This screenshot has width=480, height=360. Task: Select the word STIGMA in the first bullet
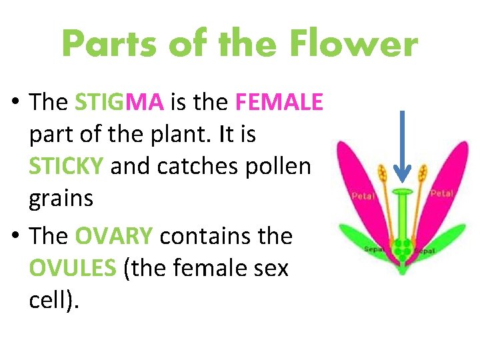[119, 102]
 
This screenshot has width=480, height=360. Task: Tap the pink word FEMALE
[279, 102]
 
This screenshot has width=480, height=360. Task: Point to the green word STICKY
[66, 166]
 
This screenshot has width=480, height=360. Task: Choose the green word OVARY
[114, 236]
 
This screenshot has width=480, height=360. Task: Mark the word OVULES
[72, 268]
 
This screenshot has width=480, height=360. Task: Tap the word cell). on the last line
[54, 300]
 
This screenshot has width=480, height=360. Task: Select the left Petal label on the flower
[364, 197]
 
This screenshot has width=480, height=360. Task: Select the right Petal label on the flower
[441, 193]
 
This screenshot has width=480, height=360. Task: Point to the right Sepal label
[425, 251]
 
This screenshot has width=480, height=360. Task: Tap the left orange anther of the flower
[383, 176]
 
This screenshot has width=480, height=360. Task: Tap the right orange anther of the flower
[422, 176]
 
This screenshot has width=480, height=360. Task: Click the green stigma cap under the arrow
[402, 193]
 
